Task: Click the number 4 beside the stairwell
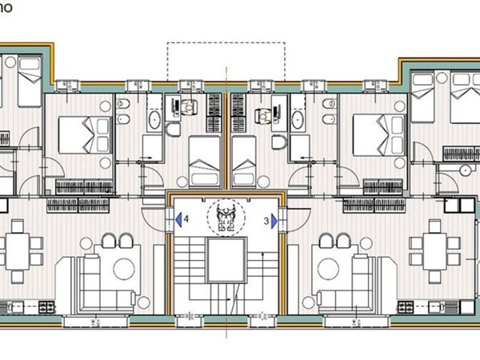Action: point(186,218)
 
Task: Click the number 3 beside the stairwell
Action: point(265,218)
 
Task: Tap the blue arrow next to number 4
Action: point(177,218)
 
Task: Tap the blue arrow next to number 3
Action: point(274,218)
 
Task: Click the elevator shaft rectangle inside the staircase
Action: point(223,263)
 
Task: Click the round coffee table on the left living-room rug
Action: point(123,268)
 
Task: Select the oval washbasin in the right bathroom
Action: point(297,120)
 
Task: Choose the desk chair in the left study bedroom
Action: point(187,110)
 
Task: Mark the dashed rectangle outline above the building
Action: point(225,60)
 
